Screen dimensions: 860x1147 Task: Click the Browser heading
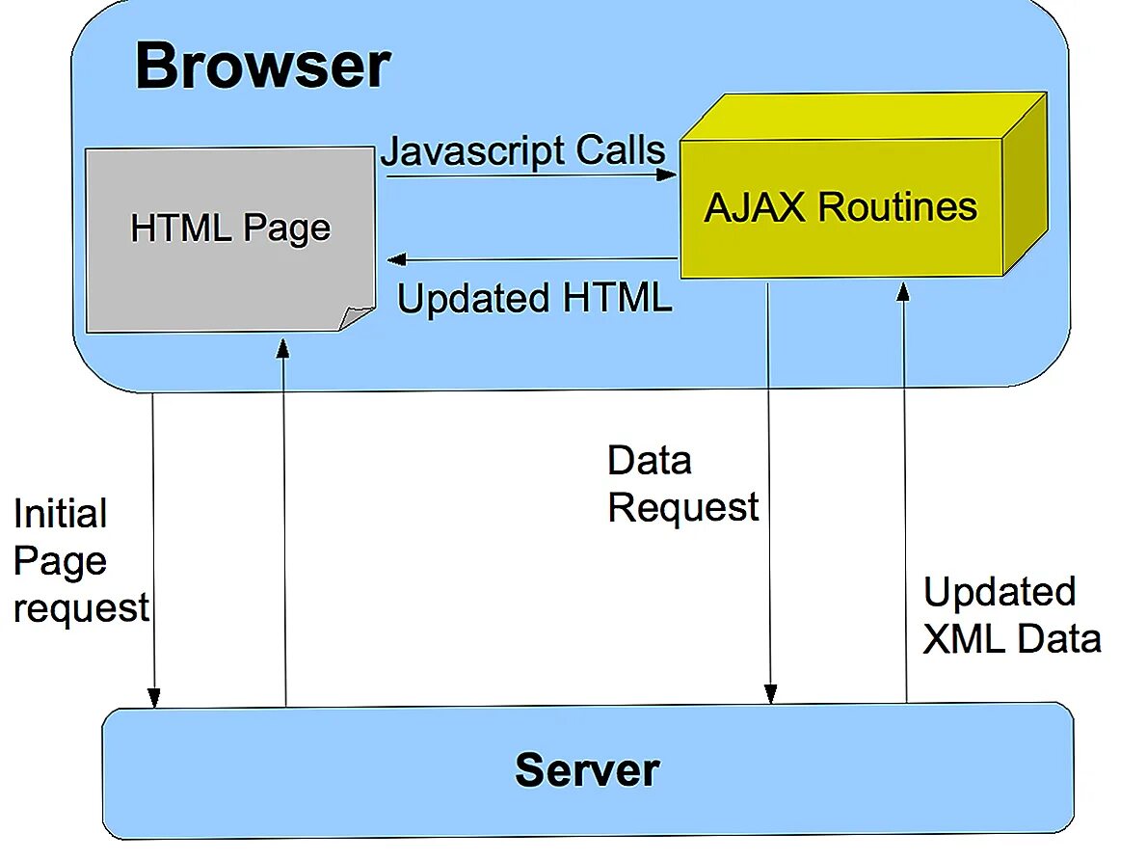point(262,67)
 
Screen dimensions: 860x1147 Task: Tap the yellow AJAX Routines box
point(840,208)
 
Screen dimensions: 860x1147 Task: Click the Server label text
point(586,769)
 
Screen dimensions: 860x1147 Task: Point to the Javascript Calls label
point(523,151)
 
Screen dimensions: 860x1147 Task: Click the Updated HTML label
point(534,298)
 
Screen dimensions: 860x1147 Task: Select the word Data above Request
point(649,461)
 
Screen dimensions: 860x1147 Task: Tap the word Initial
point(60,514)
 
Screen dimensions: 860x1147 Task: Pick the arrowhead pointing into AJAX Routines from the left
point(667,175)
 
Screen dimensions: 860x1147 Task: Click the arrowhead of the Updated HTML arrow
point(397,259)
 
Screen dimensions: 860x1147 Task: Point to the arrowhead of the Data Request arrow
point(769,692)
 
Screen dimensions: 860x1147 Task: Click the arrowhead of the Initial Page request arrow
point(153,696)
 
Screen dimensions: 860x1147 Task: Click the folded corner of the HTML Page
point(356,317)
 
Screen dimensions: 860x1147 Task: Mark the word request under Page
point(81,608)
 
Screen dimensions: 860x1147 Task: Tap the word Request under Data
point(683,507)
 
